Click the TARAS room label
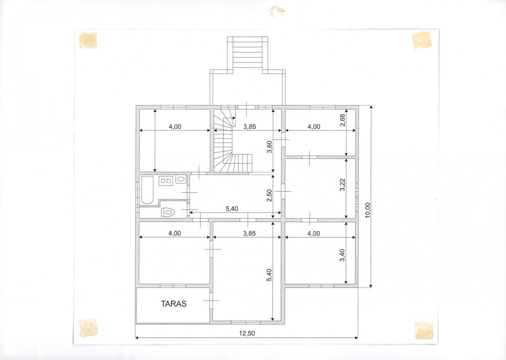coord(174,303)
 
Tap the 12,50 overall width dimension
coord(247,333)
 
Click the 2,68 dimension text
coord(343,120)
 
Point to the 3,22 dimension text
coord(343,185)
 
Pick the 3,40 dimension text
coord(343,255)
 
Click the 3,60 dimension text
coord(270,147)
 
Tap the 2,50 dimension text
coord(270,195)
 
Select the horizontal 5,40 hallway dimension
coord(232,209)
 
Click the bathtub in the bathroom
coord(147,190)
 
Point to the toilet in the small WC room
coord(168,212)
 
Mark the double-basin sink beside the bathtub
coord(166,181)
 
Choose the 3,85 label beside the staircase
coord(250,127)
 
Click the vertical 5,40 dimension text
coord(270,275)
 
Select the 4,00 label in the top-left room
coord(175,127)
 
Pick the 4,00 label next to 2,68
coord(314,127)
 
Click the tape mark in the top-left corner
coord(88,41)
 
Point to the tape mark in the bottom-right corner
coord(424,330)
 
